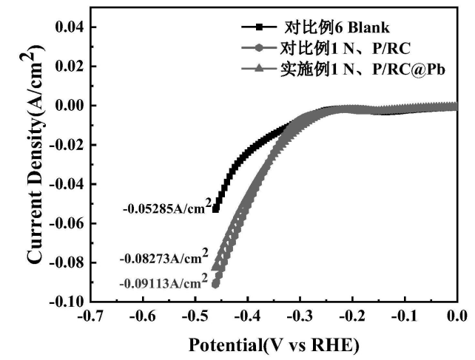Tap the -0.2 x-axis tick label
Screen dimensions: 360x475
coord(352,316)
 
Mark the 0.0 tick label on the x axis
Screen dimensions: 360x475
coord(457,316)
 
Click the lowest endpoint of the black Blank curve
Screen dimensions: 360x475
coord(216,208)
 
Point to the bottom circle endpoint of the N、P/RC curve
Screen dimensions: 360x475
coord(215,283)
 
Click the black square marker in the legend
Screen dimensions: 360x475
coord(259,30)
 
